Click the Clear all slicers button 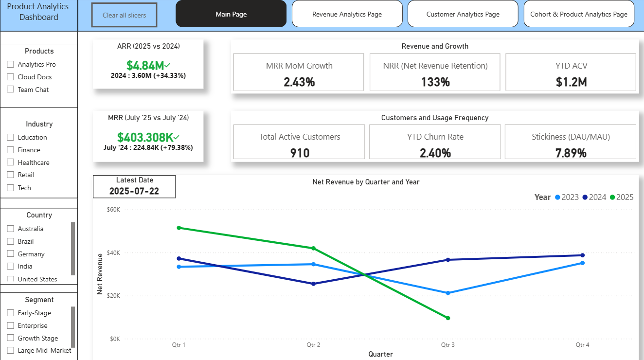(124, 15)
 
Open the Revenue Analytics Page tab (347, 14)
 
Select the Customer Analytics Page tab (463, 14)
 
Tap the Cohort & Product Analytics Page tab (578, 14)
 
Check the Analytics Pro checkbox (11, 64)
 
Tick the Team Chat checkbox (11, 90)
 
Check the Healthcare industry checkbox (11, 162)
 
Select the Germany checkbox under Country (11, 254)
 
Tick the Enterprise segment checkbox (11, 325)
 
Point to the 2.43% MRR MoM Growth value (299, 82)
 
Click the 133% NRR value (435, 82)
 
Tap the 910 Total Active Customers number (300, 153)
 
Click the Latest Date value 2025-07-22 (134, 191)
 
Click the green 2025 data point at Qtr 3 (447, 318)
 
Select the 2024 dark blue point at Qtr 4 (582, 255)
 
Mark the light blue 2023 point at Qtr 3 (447, 293)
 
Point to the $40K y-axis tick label (113, 253)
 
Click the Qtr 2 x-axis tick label (313, 345)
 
